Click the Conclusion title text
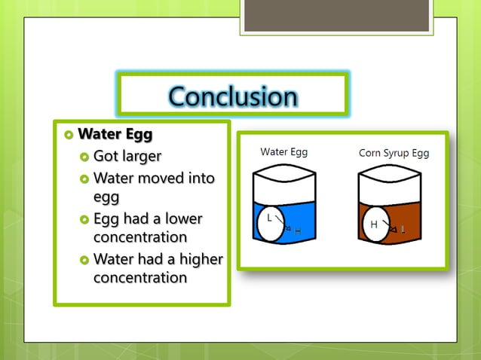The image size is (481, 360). point(232,96)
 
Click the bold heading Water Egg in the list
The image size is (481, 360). point(115,135)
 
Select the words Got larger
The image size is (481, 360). point(127,157)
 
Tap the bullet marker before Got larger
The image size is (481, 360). point(84,157)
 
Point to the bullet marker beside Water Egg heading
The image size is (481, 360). point(69,136)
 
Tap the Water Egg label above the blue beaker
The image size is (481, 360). point(283,151)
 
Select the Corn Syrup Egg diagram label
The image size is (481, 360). point(394,153)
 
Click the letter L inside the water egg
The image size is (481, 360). point(269,218)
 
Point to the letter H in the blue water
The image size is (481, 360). point(297,230)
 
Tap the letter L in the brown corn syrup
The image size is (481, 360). point(403,229)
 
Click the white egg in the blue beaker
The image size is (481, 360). point(272,225)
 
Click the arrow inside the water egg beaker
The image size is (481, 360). point(283,223)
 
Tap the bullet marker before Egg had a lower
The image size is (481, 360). point(84,220)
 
